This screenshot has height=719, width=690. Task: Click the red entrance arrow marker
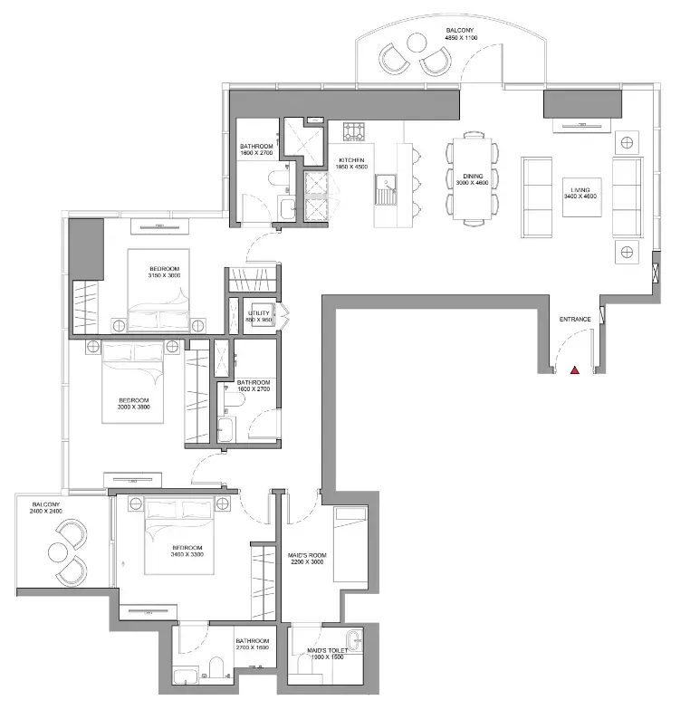574,370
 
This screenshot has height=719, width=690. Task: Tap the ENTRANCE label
575,319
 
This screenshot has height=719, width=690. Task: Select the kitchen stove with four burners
354,131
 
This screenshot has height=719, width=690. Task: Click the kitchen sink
386,189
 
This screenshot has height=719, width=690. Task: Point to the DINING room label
473,176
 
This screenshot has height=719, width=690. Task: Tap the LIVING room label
580,190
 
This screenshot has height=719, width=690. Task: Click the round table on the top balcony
417,43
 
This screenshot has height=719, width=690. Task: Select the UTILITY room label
259,313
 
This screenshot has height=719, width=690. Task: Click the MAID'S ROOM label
307,555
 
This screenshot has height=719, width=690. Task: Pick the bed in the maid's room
350,544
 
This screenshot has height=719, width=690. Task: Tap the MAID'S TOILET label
328,651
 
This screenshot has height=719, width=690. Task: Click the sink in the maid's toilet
353,639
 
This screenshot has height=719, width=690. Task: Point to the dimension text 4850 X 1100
461,38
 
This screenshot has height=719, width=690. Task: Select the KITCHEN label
351,160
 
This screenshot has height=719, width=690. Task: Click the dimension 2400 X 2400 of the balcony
46,511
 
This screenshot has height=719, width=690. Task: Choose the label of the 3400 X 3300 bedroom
187,548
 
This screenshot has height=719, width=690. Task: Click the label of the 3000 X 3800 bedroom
134,400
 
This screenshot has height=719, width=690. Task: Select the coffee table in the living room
582,197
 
